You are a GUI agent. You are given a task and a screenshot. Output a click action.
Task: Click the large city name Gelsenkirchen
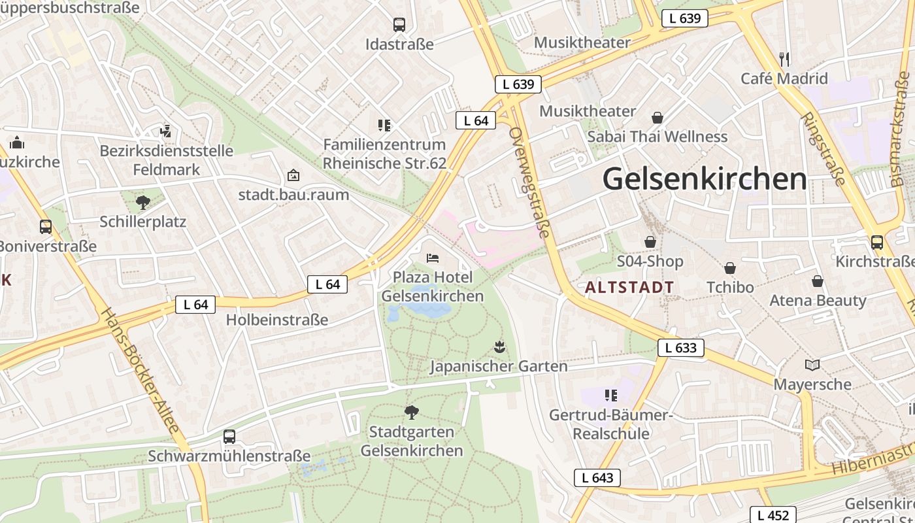click(705, 179)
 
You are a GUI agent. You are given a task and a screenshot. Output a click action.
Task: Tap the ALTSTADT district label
click(629, 287)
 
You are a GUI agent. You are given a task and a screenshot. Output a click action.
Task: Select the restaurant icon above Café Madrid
click(785, 59)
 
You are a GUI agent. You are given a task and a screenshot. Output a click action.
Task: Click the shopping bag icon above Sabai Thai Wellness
click(657, 118)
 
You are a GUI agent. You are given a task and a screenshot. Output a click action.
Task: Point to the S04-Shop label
click(650, 261)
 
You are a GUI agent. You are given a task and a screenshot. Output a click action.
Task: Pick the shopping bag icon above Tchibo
click(730, 268)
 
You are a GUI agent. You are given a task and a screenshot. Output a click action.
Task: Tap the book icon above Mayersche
click(812, 365)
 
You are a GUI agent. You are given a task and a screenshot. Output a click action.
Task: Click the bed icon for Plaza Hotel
click(432, 258)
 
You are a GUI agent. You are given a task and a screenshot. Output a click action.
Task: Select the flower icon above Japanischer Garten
click(500, 347)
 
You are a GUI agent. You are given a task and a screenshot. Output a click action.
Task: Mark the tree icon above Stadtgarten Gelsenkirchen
click(412, 412)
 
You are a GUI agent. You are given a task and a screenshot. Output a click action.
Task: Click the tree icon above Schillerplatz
click(142, 202)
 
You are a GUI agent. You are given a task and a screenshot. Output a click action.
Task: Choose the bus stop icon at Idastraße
click(399, 25)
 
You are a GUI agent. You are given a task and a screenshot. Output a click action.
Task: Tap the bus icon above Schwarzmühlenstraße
click(229, 436)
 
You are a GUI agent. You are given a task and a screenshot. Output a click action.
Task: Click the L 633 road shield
click(680, 348)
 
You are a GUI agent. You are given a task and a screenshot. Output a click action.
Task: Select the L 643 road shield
click(597, 478)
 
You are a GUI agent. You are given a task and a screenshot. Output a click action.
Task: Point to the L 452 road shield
click(773, 515)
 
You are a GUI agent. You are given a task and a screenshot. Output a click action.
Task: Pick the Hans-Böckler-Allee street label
click(140, 370)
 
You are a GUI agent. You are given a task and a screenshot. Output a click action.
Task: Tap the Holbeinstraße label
click(277, 320)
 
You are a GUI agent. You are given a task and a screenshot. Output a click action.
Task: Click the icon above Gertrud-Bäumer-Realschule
click(611, 395)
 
